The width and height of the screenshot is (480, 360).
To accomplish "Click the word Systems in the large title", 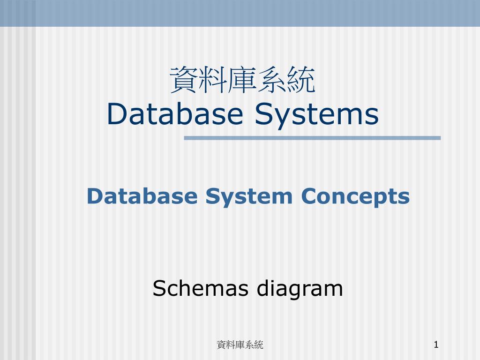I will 316,114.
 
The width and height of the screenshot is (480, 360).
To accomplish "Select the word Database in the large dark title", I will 175,114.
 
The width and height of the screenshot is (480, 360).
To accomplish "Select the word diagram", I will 300,288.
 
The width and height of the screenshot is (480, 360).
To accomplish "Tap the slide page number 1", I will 436,345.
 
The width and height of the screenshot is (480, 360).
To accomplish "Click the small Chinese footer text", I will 240,345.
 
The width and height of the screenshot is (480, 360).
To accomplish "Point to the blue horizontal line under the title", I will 312,138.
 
